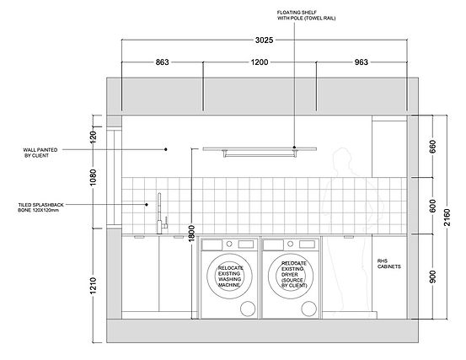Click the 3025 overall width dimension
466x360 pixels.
click(264, 40)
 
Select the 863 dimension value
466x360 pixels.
click(163, 62)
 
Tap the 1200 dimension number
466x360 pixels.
click(260, 62)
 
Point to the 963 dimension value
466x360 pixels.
click(362, 62)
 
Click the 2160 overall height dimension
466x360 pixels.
click(447, 218)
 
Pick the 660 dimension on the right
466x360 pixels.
click(433, 147)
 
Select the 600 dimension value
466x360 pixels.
click(433, 206)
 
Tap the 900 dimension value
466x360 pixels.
click(433, 277)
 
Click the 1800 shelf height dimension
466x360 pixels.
click(191, 234)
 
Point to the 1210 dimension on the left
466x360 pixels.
click(93, 286)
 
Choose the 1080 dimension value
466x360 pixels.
click(93, 178)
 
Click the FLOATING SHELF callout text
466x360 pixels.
click(306, 15)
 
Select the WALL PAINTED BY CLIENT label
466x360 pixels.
click(40, 153)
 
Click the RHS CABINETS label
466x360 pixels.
click(388, 264)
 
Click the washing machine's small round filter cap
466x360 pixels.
click(248, 309)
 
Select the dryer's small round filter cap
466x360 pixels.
click(308, 309)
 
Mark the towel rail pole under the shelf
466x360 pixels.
click(260, 153)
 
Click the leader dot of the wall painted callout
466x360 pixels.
click(166, 149)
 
